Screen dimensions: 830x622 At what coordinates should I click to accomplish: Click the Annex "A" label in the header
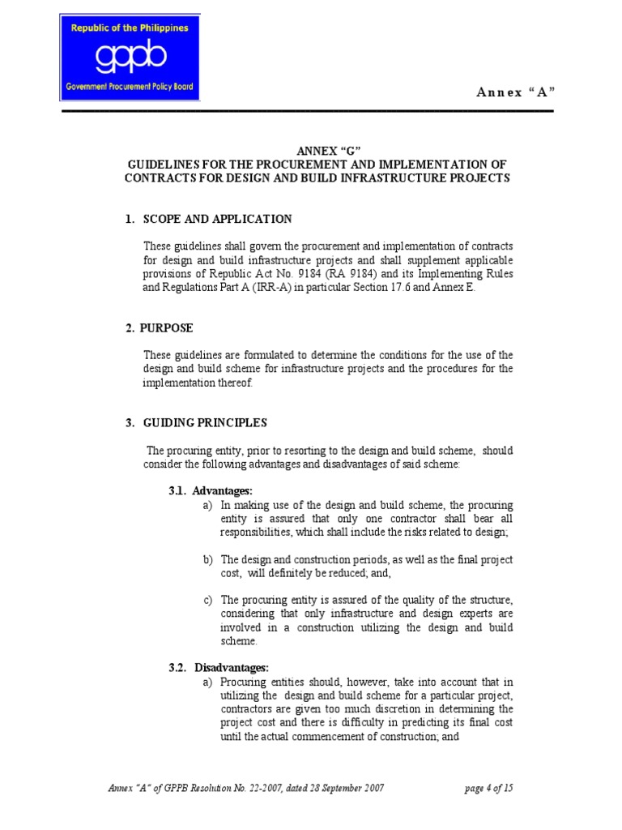(x=515, y=92)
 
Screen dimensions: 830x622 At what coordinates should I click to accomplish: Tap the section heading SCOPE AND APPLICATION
(x=217, y=219)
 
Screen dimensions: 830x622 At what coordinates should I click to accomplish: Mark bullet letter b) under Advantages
(x=208, y=560)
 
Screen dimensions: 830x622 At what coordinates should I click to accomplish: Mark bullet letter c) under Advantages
(x=208, y=601)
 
